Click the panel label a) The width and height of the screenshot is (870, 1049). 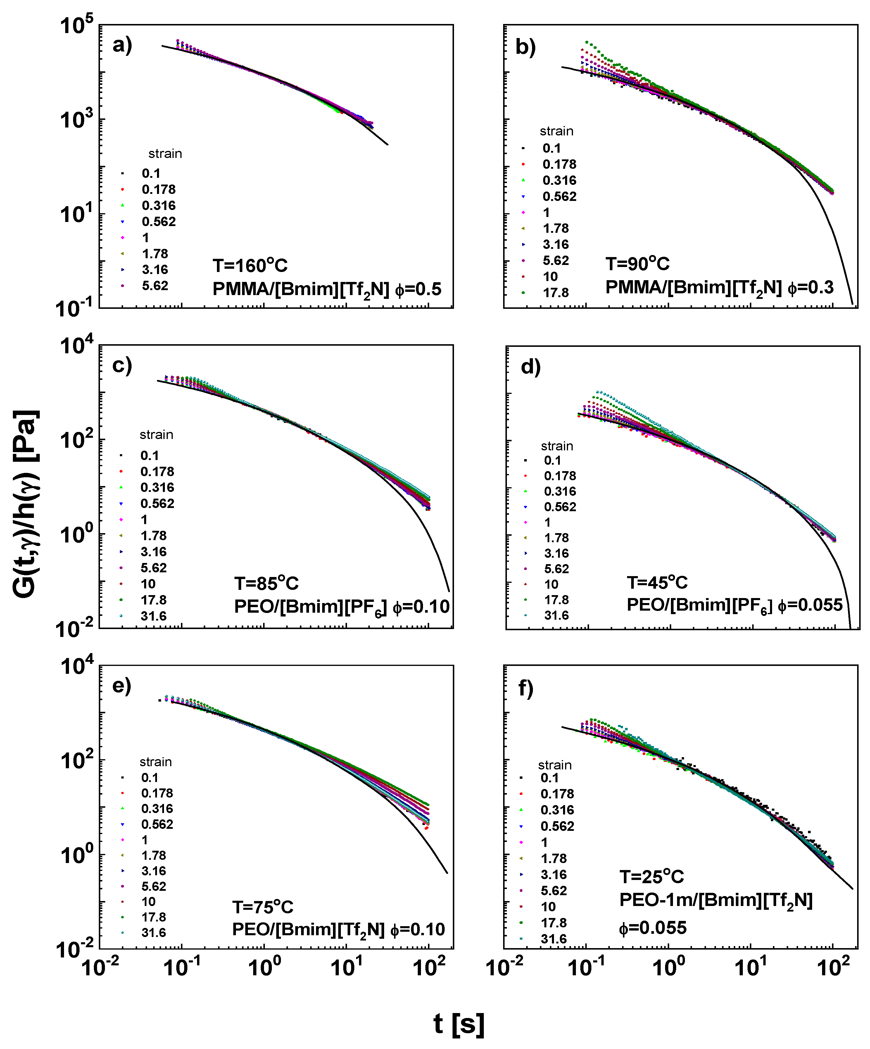[122, 45]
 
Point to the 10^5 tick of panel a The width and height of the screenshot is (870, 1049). [76, 25]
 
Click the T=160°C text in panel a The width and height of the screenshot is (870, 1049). [250, 265]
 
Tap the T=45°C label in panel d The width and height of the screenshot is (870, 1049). [657, 583]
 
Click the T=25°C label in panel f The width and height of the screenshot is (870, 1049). [651, 877]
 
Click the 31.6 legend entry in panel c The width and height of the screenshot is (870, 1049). [153, 616]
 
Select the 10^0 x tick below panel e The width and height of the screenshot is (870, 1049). [264, 968]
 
